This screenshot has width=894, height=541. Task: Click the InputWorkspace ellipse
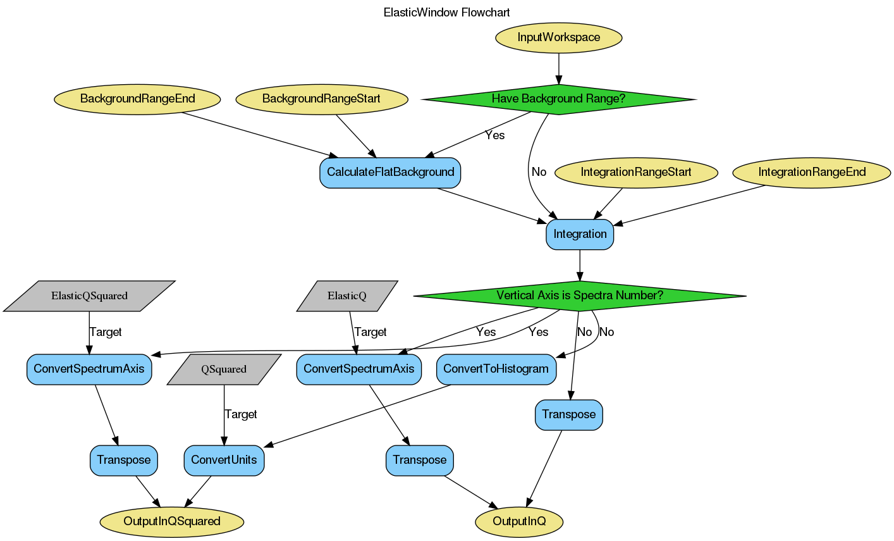click(558, 37)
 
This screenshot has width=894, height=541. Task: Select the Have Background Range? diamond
click(558, 99)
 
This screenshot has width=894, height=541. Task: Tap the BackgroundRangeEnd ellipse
click(137, 99)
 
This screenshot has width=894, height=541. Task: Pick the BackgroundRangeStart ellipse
click(321, 99)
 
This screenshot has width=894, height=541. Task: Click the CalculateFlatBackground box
click(390, 172)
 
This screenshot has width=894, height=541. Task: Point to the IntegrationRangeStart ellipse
click(636, 172)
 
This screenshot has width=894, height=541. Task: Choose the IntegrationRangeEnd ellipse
click(812, 172)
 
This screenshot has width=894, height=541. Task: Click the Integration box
click(580, 234)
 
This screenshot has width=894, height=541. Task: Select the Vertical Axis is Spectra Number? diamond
click(580, 295)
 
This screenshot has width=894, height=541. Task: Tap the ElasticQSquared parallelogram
click(89, 295)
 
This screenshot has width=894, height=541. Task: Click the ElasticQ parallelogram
click(347, 295)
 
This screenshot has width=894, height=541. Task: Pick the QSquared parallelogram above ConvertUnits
click(224, 370)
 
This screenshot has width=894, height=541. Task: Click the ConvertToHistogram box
click(496, 369)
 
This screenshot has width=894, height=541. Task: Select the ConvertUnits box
click(224, 460)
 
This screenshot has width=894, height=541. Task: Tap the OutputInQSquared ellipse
click(172, 521)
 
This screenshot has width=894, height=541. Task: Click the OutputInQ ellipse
click(519, 521)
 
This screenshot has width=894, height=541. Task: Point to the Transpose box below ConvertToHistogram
click(569, 414)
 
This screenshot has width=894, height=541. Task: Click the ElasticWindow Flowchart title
click(446, 12)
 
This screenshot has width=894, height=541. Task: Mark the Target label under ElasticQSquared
click(105, 332)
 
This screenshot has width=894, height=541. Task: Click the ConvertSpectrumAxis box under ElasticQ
click(358, 369)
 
